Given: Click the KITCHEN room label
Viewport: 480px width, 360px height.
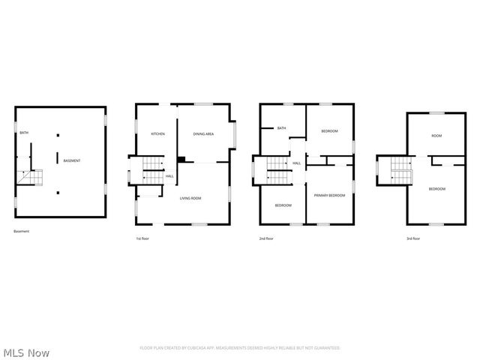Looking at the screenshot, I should pyautogui.click(x=157, y=134).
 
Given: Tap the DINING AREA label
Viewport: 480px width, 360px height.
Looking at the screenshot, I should pyautogui.click(x=203, y=134).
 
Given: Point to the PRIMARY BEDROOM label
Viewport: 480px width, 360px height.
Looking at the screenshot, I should pyautogui.click(x=329, y=195).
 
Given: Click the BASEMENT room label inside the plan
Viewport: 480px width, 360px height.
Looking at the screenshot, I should pyautogui.click(x=72, y=161).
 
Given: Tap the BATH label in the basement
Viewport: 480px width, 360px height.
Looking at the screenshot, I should pyautogui.click(x=25, y=133).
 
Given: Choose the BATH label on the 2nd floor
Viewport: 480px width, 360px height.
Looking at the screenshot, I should pyautogui.click(x=281, y=128).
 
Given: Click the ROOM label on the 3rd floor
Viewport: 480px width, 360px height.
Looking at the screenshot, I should pyautogui.click(x=436, y=136).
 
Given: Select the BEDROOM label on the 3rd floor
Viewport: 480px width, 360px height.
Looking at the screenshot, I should pyautogui.click(x=436, y=189).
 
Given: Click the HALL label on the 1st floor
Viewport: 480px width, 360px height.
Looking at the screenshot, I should pyautogui.click(x=169, y=176).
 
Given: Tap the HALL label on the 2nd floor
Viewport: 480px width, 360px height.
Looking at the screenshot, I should pyautogui.click(x=296, y=163).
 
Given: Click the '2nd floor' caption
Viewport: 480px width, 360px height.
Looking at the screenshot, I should pyautogui.click(x=266, y=238).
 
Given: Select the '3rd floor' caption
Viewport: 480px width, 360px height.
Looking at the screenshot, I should pyautogui.click(x=413, y=238).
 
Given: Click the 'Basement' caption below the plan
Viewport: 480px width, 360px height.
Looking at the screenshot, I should pyautogui.click(x=22, y=231).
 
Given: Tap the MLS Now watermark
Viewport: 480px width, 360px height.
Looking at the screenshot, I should pyautogui.click(x=26, y=352).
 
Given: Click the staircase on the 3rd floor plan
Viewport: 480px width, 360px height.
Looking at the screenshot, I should pyautogui.click(x=395, y=171).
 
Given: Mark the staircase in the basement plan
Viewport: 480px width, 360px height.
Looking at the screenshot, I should pyautogui.click(x=31, y=177).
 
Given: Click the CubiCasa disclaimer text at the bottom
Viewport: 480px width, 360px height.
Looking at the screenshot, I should pyautogui.click(x=240, y=348).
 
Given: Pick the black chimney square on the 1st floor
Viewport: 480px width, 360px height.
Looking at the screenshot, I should pyautogui.click(x=181, y=159).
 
